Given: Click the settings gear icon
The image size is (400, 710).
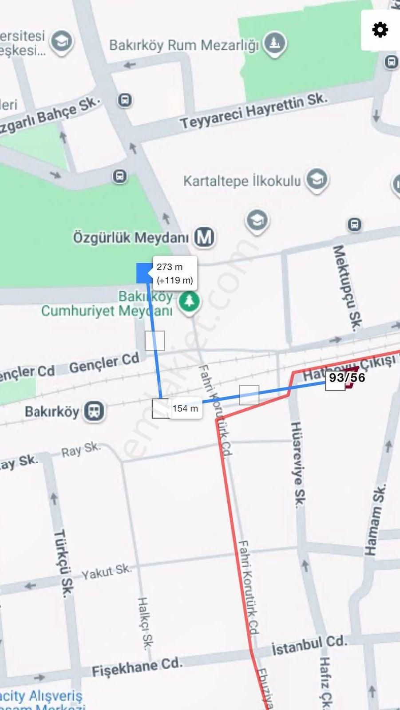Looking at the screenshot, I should [380, 30].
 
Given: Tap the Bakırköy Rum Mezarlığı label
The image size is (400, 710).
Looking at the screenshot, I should [184, 45].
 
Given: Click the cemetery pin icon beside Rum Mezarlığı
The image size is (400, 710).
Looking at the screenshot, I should [274, 43].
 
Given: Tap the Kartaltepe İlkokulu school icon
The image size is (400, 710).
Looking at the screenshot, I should [317, 180].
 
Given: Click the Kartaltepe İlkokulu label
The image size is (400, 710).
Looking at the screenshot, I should [242, 181].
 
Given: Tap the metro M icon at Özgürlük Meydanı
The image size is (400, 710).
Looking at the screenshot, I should [204, 237].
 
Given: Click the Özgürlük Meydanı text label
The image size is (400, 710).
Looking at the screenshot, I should [131, 237].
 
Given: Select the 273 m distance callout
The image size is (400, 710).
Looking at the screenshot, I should [174, 273].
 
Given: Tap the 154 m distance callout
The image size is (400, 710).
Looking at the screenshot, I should [185, 408].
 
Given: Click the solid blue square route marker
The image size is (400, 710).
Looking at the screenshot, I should [144, 272].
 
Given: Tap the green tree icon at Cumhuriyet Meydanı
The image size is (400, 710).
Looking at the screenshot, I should [190, 302].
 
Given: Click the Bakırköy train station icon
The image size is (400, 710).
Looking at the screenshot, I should [94, 411].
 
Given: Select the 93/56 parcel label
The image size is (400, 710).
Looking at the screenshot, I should [347, 378].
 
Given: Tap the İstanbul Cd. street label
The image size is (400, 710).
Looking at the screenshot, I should [309, 646].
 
